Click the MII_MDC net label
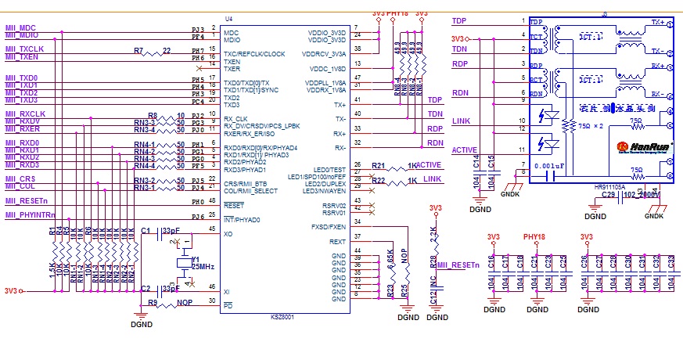coord(21,27)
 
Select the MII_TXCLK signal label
coord(24,49)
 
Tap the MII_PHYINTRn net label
coord(31,214)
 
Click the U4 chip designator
coord(228,18)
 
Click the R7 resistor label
coord(138,51)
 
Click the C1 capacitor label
coord(146,230)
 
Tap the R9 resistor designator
coord(153,301)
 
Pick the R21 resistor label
coord(379,166)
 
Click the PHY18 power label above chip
coord(397,14)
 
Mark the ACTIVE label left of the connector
coord(465,149)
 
